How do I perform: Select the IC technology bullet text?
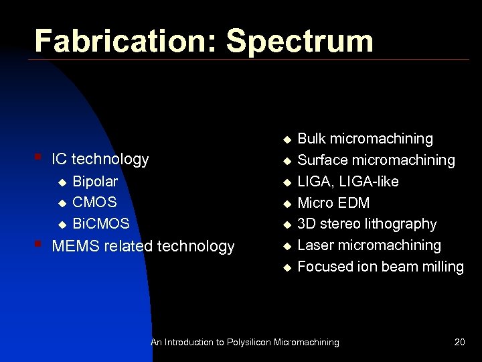point(100,159)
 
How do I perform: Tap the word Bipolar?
point(95,181)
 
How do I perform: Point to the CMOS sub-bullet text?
point(94,202)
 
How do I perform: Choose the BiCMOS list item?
point(100,224)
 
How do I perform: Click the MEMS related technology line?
point(143,246)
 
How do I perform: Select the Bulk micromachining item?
point(365,139)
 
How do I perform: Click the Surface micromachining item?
point(376,160)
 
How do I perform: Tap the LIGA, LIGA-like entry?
point(347,181)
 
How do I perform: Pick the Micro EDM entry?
point(333,202)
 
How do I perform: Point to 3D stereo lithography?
point(367,224)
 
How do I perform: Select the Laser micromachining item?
point(369,245)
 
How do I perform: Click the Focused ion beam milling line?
point(380,267)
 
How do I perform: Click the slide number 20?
point(459,342)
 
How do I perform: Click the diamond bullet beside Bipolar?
point(62,182)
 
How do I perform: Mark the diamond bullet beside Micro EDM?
point(287,203)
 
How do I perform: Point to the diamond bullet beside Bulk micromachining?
point(287,139)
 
